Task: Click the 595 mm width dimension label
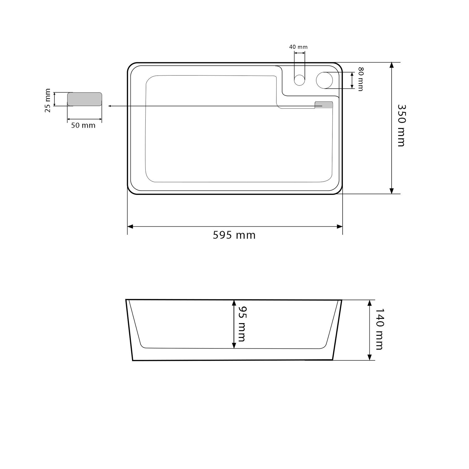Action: point(234,235)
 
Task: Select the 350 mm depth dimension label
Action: point(401,126)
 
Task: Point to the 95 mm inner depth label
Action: point(242,324)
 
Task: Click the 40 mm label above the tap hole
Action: point(298,47)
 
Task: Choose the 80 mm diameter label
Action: point(360,79)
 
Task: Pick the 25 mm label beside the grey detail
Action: point(48,100)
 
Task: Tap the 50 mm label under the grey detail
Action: point(83,125)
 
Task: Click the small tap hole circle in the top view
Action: point(299,80)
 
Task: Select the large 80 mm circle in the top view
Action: point(324,80)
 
